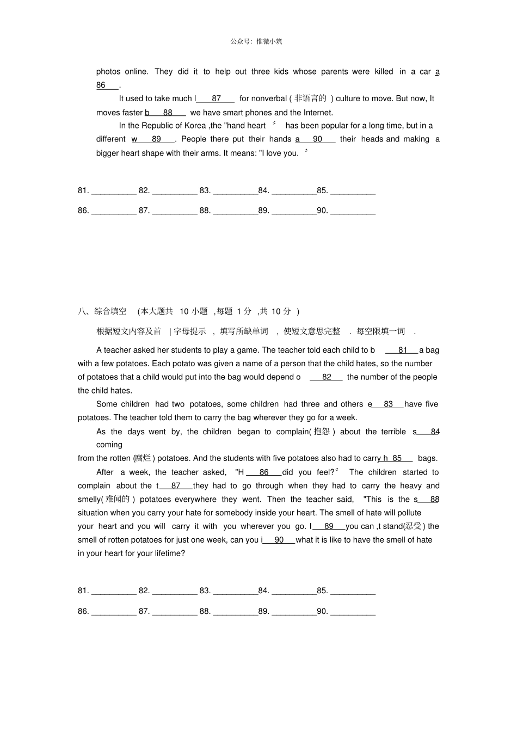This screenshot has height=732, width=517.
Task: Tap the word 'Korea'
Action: pos(195,126)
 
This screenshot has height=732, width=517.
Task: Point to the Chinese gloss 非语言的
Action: pos(310,99)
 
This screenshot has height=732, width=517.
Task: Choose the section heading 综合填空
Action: pos(110,311)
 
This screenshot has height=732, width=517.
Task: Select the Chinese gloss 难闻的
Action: pos(116,499)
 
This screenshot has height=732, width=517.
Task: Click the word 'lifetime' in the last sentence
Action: pos(167,553)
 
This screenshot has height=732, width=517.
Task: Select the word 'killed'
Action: pos(384,71)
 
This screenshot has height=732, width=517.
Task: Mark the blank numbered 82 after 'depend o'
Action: pos(327,377)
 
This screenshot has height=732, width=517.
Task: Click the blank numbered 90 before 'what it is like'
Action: pos(279,540)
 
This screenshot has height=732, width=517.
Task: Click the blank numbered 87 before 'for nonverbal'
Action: pos(216,99)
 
